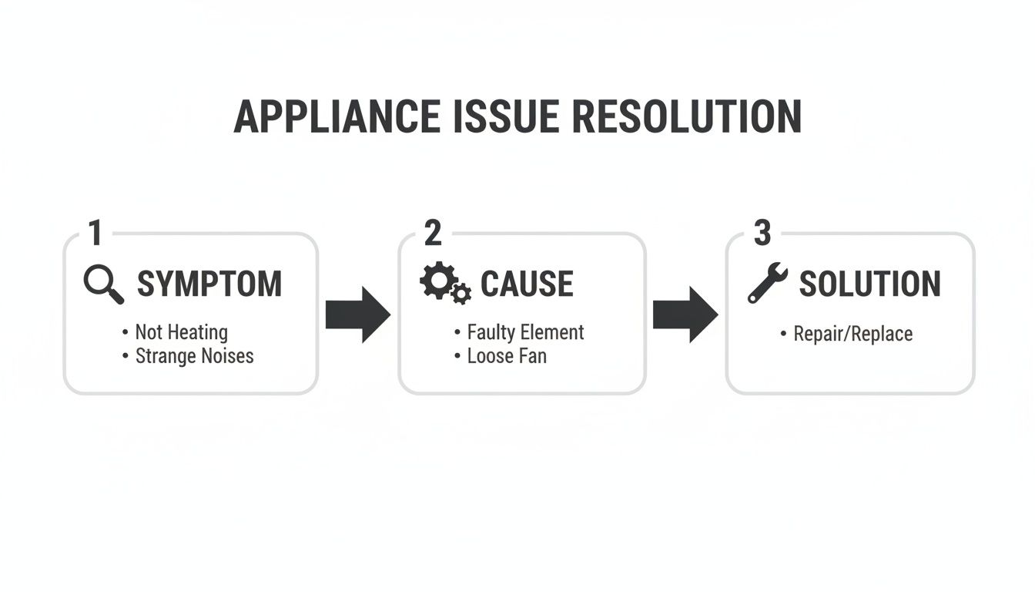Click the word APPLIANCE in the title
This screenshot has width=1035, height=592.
pos(337,117)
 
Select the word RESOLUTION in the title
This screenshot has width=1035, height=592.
pos(687,117)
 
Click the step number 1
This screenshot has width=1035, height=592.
pos(95,233)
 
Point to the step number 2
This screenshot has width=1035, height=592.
pos(433,233)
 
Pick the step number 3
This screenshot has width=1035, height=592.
pos(762,233)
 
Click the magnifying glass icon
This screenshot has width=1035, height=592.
pos(104,284)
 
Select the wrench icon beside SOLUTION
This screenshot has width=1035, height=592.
pos(767,282)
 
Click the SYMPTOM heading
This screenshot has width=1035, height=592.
pos(209,284)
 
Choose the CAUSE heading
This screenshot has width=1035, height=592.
pos(527,284)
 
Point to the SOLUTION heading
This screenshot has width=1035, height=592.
pos(869,284)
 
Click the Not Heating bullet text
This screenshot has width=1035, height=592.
pos(181,332)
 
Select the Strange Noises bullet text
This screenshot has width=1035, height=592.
pos(194,356)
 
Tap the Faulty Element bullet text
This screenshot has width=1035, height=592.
pos(525,332)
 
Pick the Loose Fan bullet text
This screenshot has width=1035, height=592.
pos(507,356)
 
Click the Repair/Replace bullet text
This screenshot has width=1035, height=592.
pos(852,334)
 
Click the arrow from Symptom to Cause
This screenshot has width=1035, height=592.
pos(357,314)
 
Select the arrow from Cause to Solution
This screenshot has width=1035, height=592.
pos(685,314)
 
